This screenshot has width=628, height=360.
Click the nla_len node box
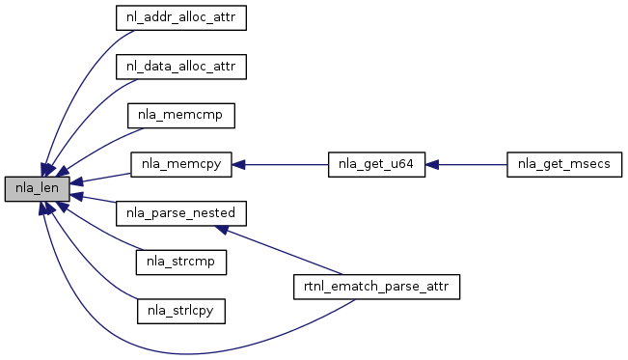pyautogui.click(x=38, y=189)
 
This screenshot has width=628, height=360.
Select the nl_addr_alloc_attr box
pyautogui.click(x=181, y=17)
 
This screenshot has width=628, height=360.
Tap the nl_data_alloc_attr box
pyautogui.click(x=181, y=67)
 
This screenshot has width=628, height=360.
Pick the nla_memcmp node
pyautogui.click(x=181, y=116)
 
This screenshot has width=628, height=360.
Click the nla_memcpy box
pyautogui.click(x=181, y=164)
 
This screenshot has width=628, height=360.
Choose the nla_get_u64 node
pyautogui.click(x=376, y=164)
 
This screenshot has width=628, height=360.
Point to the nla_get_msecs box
pyautogui.click(x=564, y=164)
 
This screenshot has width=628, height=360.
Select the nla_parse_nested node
pyautogui.click(x=181, y=213)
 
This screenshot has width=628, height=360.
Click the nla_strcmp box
pyautogui.click(x=181, y=263)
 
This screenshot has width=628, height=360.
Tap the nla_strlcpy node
pyautogui.click(x=181, y=311)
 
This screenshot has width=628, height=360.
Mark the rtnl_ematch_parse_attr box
pyautogui.click(x=376, y=287)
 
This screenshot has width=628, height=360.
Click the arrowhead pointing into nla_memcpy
pyautogui.click(x=238, y=164)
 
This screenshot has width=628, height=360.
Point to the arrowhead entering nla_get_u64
pyautogui.click(x=432, y=164)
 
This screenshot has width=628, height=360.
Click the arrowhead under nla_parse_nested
pyautogui.click(x=222, y=230)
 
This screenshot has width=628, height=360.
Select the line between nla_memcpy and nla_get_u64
pyautogui.click(x=287, y=164)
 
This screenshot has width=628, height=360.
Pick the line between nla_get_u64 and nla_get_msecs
pyautogui.click(x=473, y=164)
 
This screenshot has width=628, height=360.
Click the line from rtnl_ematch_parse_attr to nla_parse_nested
pyautogui.click(x=286, y=253)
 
